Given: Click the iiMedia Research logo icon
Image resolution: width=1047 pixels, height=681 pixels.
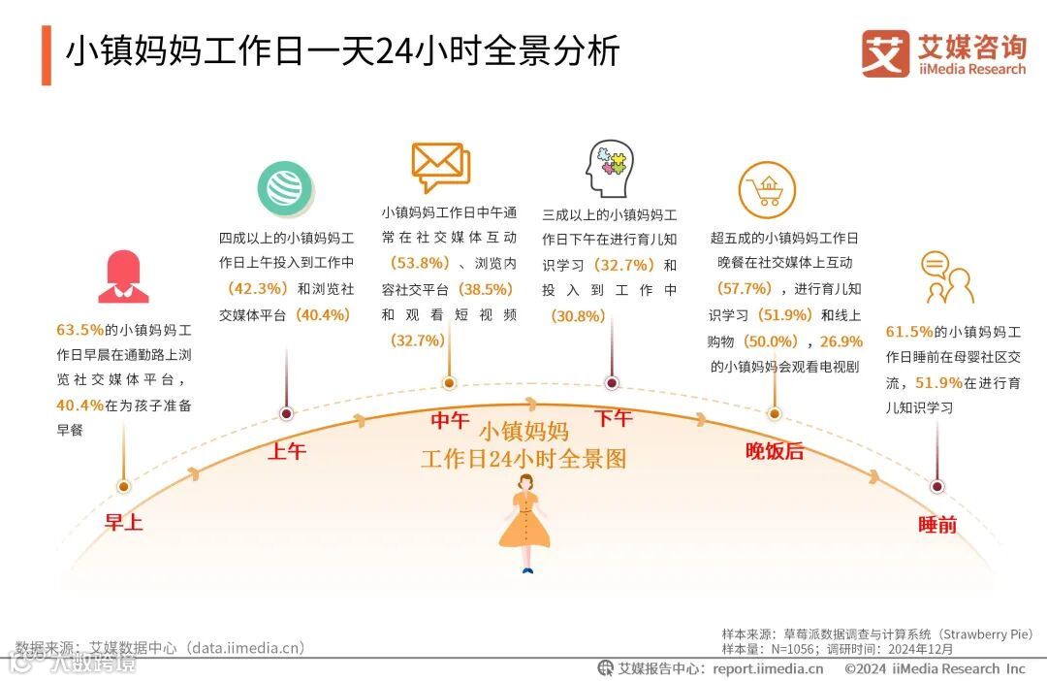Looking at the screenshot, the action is (885, 53).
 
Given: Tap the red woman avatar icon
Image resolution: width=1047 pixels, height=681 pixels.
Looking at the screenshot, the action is (122, 277).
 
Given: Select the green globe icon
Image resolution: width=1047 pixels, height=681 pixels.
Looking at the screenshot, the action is (285, 188).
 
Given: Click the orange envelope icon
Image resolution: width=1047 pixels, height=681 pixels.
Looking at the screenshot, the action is (440, 167).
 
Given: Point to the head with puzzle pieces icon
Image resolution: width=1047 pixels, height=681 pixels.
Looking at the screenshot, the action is (610, 169).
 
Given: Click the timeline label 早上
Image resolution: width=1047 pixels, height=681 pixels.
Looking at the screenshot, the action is (123, 523).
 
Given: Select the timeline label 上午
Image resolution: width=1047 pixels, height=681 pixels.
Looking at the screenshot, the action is (286, 451).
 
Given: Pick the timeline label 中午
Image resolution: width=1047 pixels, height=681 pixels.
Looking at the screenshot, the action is (449, 420).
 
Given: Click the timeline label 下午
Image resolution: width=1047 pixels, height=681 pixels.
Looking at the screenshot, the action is (613, 419).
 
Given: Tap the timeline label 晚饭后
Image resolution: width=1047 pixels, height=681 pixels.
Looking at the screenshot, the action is (774, 451).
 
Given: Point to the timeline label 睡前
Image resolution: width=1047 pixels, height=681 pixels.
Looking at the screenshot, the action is (937, 525).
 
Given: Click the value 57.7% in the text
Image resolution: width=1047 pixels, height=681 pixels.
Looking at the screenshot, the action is (744, 288).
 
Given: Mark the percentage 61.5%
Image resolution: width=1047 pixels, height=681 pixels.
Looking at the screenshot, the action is (909, 331).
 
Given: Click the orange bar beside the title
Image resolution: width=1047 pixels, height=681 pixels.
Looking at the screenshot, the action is (46, 55).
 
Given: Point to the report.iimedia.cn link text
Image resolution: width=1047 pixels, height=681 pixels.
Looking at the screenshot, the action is (768, 668).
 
